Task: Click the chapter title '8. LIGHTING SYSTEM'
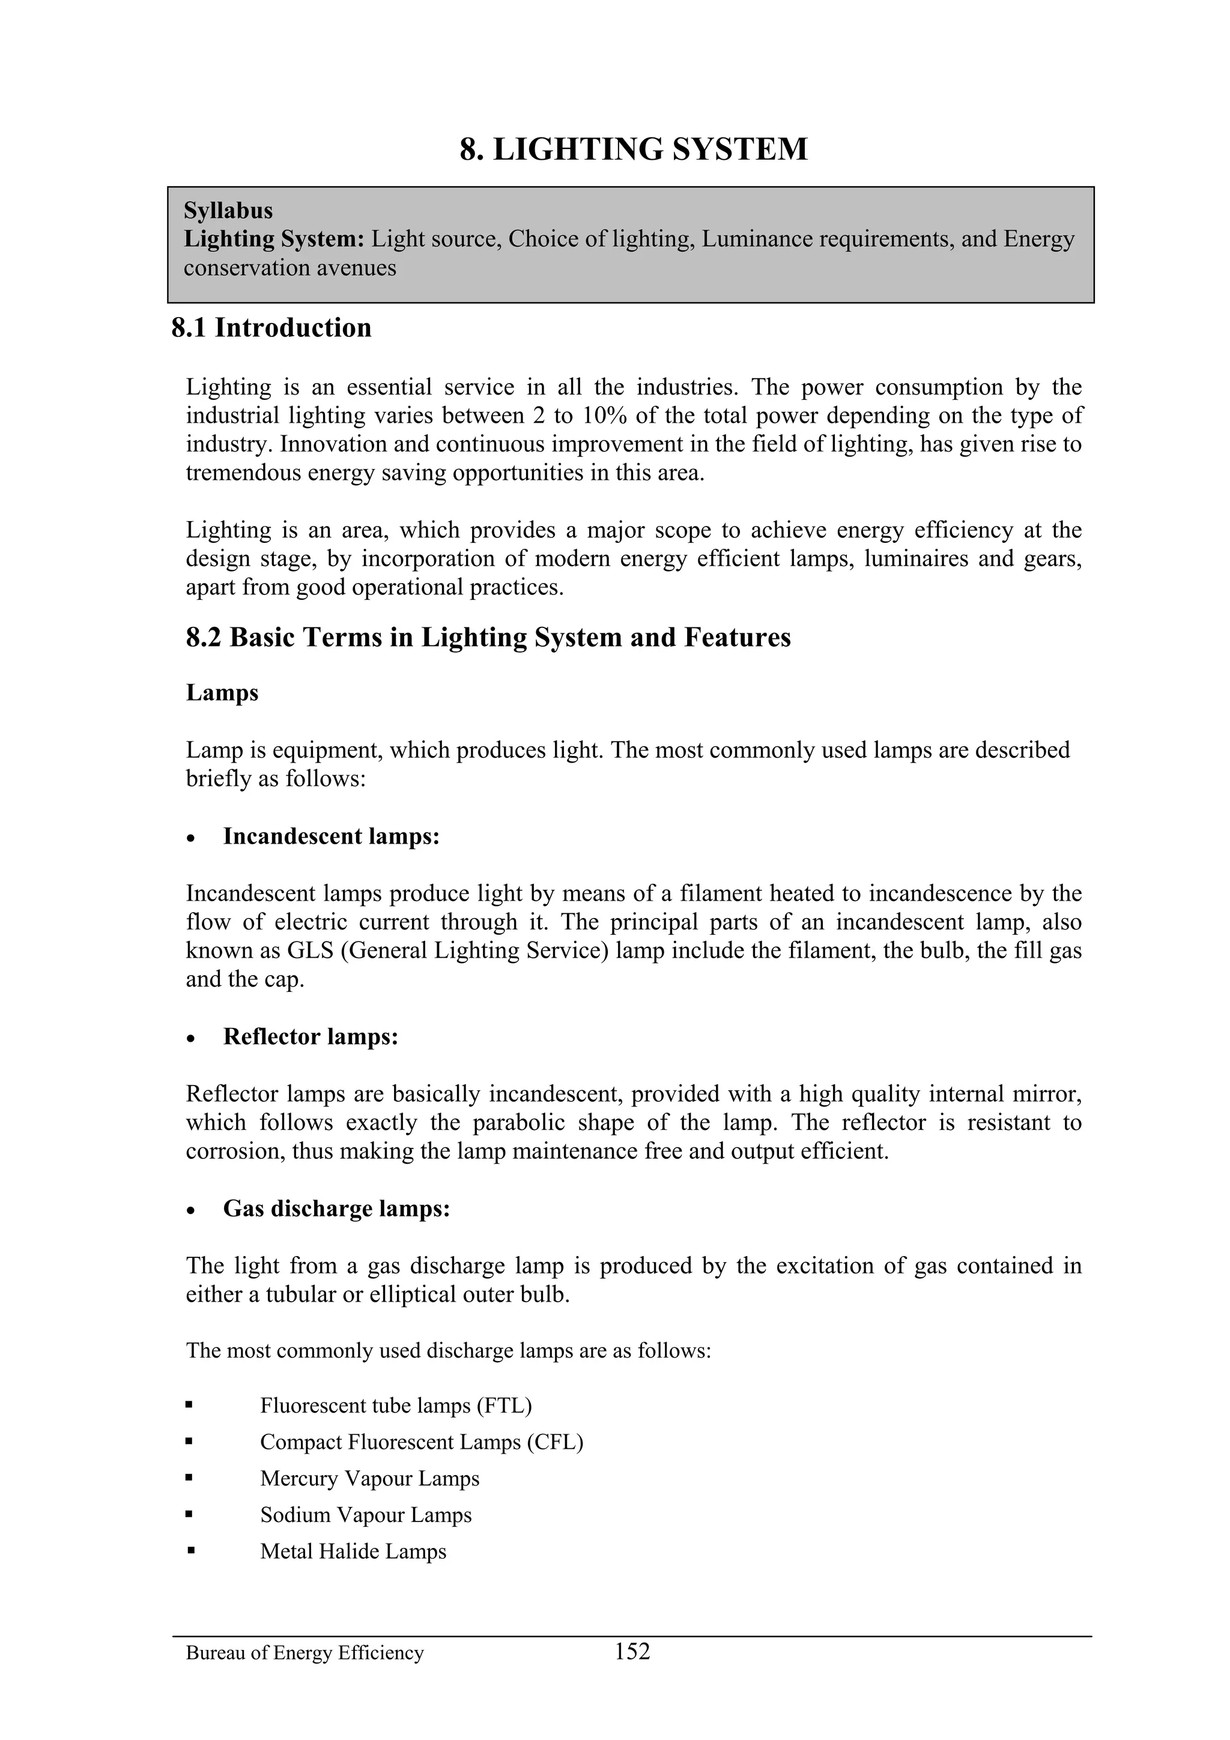point(634,150)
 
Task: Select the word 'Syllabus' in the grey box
point(228,210)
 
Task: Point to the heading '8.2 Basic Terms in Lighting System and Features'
point(488,638)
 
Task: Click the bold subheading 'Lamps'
point(222,693)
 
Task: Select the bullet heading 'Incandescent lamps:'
point(331,836)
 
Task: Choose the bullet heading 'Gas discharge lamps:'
point(336,1209)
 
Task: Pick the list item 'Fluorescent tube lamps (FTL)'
point(396,1406)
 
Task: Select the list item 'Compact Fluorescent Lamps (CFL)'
point(422,1442)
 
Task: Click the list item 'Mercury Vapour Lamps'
point(370,1479)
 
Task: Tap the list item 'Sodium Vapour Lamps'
point(366,1515)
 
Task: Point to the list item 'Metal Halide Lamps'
point(353,1551)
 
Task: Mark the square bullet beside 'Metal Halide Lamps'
point(190,1550)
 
